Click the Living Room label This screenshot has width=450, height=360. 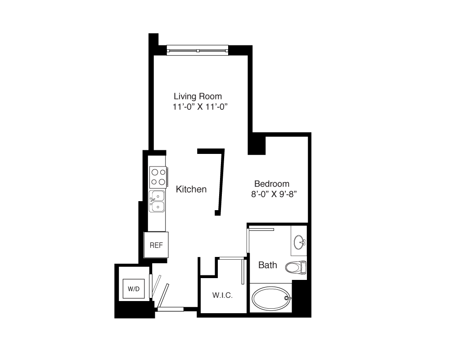click(198, 96)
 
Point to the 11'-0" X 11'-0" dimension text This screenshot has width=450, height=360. click(200, 107)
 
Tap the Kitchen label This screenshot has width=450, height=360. click(191, 189)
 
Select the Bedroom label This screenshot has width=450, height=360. click(272, 184)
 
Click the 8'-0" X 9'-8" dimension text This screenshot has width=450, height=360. click(274, 194)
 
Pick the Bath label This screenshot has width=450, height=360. click(267, 265)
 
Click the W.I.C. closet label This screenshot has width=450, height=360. click(222, 295)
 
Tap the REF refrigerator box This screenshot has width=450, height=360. click(156, 245)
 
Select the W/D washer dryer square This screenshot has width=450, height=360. click(134, 288)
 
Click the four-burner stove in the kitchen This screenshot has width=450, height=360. click(158, 177)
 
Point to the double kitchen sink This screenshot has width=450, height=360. click(157, 201)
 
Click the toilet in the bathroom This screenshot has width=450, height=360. click(296, 267)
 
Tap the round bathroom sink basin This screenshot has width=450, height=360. click(300, 242)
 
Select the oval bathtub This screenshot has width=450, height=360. click(271, 298)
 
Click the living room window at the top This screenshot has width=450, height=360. click(198, 50)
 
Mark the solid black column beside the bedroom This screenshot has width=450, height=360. click(256, 144)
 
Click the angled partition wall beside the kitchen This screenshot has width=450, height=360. click(220, 181)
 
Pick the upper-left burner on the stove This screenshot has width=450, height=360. click(155, 172)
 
